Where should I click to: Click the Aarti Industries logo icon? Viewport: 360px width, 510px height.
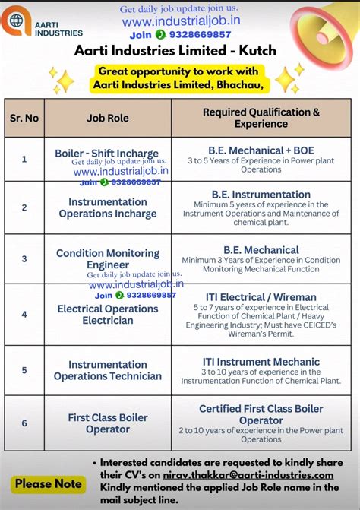point(17,21)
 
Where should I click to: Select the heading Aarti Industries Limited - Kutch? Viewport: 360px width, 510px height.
point(175,51)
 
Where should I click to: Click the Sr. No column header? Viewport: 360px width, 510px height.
point(24,118)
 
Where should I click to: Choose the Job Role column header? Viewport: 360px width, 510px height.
point(107,118)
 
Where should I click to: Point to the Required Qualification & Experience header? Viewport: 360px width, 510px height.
point(261,117)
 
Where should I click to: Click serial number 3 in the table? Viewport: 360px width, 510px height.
point(24,258)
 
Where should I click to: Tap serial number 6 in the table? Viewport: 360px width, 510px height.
point(24,423)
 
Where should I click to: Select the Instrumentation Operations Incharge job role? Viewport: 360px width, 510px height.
point(107,207)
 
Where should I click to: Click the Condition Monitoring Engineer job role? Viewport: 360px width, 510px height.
point(107,258)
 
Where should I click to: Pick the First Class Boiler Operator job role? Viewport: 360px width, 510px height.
point(107,423)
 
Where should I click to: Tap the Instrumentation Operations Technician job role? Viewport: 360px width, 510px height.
point(107,370)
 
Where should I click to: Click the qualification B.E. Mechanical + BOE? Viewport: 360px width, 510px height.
point(261,150)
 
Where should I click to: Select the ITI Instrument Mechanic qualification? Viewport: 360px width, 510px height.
point(261,362)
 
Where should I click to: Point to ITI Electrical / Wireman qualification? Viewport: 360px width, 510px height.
point(261,297)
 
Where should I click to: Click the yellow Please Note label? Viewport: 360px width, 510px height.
point(48,483)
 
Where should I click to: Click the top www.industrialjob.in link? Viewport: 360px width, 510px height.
point(179,22)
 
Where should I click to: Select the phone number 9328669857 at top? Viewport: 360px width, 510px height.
point(201,35)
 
